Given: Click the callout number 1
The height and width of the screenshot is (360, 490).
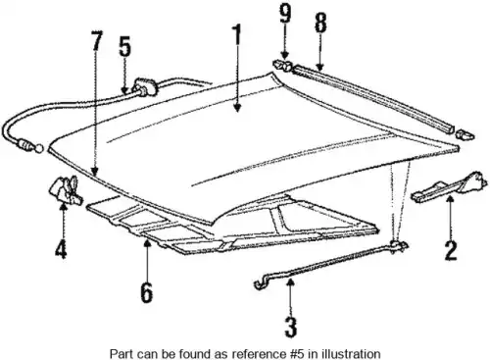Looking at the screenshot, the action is click(237, 34).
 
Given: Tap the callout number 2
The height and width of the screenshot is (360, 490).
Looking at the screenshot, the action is click(451, 250).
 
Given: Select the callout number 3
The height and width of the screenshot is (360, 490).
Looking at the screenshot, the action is click(290, 327).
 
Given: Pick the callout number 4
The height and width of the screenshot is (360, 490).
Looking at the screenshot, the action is click(61, 249).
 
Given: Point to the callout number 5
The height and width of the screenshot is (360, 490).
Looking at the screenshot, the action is click(124, 47).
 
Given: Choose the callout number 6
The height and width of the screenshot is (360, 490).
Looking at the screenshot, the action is click(147, 292).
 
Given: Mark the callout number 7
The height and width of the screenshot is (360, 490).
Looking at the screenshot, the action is click(96, 40).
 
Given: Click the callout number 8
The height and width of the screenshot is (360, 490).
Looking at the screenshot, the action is click(320, 23).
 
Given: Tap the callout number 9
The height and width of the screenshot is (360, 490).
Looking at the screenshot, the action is click(285, 15).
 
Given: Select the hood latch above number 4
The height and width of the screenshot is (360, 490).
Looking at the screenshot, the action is click(65, 189).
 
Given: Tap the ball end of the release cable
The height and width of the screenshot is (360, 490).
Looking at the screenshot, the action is click(39, 148).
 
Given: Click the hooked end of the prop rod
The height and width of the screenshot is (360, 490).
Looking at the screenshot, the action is click(261, 283).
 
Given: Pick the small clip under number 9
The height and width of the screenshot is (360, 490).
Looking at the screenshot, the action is click(281, 65).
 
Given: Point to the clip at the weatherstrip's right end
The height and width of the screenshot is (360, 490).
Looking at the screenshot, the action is click(465, 134).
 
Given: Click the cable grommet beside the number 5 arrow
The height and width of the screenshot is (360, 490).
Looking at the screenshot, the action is click(144, 87).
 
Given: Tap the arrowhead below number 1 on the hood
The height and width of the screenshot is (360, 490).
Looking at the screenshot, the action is click(237, 108).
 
